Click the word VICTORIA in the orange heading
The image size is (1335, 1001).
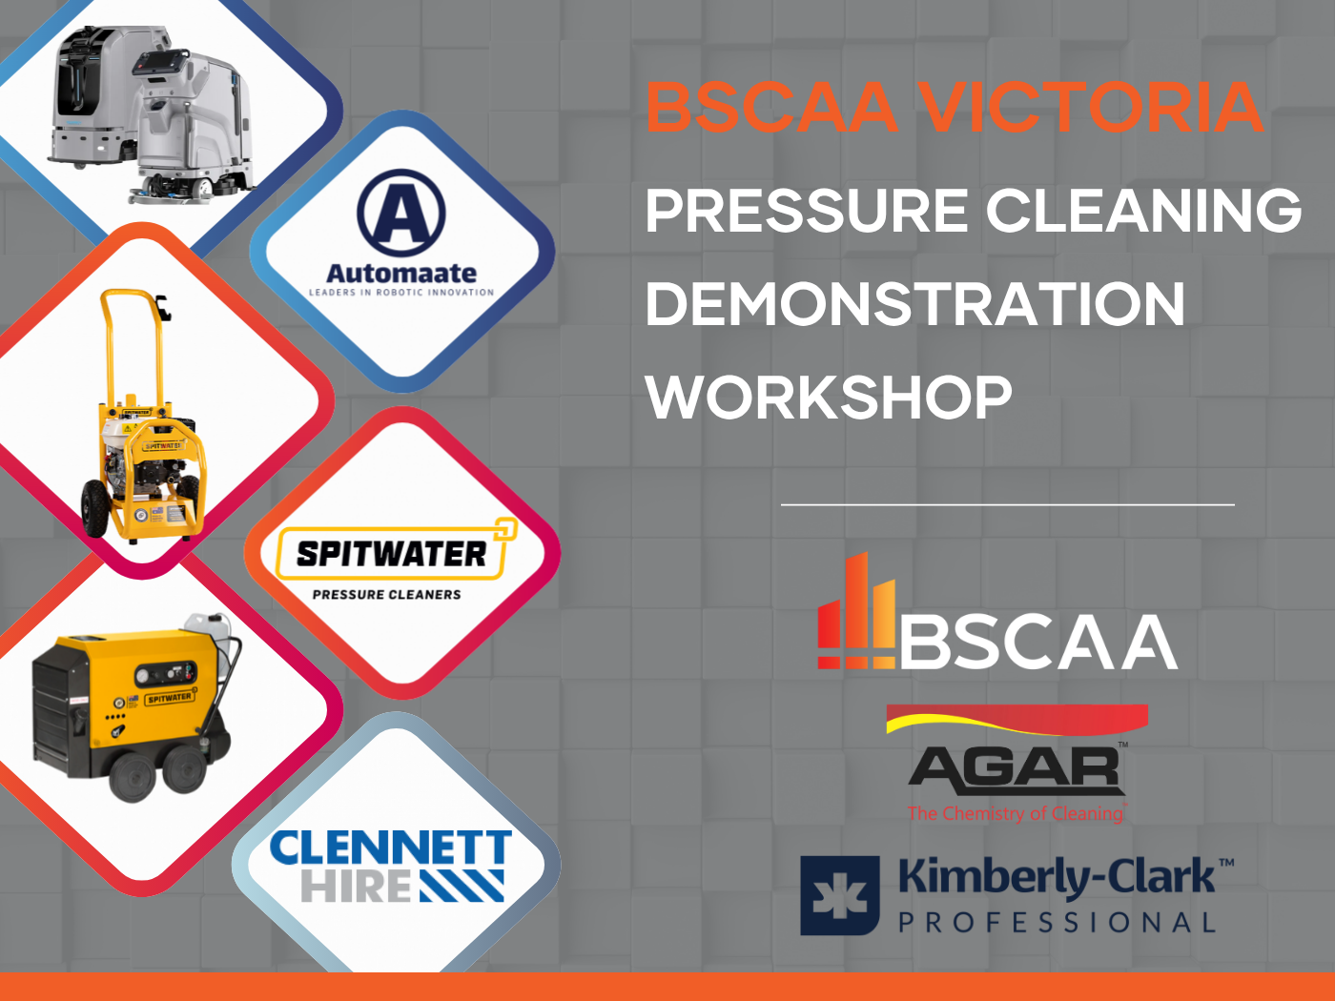coord(1091,108)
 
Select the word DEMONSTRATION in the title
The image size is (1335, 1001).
coord(915,303)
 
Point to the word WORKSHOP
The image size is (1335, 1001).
coord(829,397)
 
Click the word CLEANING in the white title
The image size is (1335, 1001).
coord(1143,211)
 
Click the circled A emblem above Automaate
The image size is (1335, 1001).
coord(400,214)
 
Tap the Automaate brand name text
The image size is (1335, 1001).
coord(401,274)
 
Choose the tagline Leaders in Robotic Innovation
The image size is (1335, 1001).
coord(401,293)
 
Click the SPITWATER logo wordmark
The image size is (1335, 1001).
coord(392,554)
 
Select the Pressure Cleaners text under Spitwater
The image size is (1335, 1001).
coord(387,594)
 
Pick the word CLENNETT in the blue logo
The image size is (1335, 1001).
coord(390,848)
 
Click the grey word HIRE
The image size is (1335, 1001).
coord(356,886)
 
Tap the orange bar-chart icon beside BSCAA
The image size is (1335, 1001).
coord(856,610)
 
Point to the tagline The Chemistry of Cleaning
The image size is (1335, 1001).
coord(1016,813)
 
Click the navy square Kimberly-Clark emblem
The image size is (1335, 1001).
coord(839,895)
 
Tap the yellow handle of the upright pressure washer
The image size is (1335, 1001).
coord(133,346)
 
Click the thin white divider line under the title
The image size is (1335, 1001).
coord(1007,504)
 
